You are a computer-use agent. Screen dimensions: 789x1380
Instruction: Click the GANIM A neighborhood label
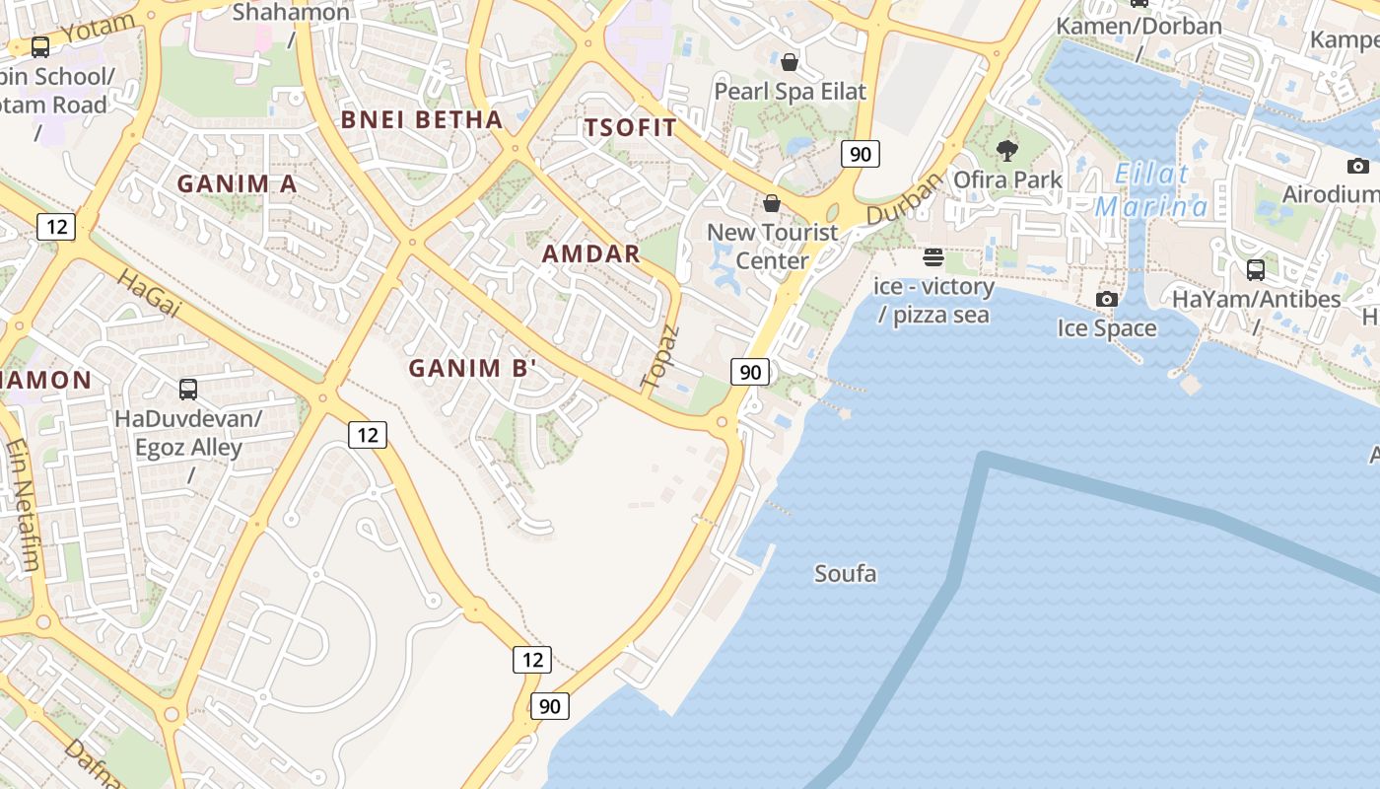tap(237, 183)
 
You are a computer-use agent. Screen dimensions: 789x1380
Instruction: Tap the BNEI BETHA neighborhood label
tap(422, 120)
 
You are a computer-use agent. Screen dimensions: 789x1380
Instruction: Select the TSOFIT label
tap(631, 127)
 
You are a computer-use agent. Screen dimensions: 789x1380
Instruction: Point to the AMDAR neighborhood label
tap(591, 253)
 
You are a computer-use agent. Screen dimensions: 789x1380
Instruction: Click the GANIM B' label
tap(473, 368)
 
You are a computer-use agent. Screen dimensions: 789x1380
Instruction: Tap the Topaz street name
tap(660, 355)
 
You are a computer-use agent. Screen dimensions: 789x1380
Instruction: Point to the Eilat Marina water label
tap(1151, 191)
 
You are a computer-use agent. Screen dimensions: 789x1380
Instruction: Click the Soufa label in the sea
tap(845, 573)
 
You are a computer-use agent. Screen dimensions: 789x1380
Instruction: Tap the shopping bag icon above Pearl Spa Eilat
tap(790, 62)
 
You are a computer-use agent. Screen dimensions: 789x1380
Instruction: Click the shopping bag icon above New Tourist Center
tap(772, 203)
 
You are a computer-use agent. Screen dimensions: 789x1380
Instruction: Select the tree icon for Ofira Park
tap(1006, 151)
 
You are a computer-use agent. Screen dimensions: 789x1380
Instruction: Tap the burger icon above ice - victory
tap(933, 258)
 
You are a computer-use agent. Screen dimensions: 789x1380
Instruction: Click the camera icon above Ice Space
tap(1107, 299)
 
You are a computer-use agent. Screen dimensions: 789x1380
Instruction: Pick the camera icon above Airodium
tap(1358, 166)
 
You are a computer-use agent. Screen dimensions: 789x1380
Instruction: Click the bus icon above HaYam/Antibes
tap(1256, 269)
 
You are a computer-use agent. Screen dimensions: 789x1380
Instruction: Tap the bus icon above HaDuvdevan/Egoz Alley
tap(188, 389)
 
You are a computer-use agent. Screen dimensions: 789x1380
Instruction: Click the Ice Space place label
tap(1107, 327)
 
